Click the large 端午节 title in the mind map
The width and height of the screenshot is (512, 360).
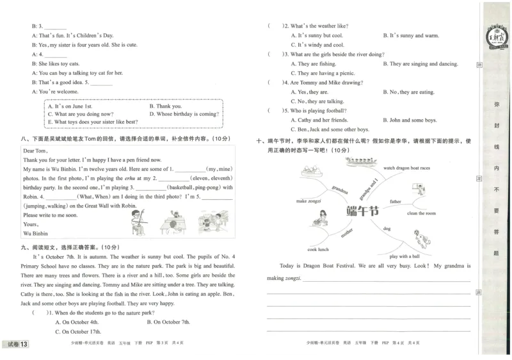(x=362, y=211)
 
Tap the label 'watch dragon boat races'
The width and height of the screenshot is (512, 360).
(x=406, y=168)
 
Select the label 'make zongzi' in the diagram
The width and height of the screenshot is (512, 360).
(x=309, y=200)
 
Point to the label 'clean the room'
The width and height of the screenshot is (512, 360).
(x=421, y=213)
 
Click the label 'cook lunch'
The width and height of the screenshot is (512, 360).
(x=317, y=249)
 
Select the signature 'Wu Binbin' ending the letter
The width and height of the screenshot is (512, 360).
(x=36, y=233)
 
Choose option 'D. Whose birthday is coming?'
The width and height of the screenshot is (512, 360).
(x=183, y=114)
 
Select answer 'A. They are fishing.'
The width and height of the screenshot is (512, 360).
(x=313, y=64)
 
